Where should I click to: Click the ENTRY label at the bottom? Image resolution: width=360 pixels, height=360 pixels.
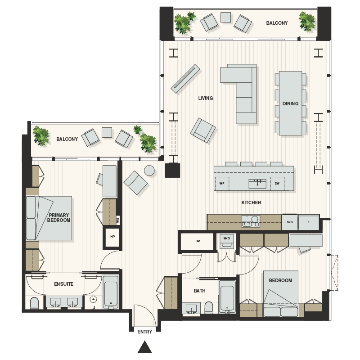(144, 332)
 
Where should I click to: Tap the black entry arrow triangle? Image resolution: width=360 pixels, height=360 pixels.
(144, 347)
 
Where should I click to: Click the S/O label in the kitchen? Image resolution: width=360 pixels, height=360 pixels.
(289, 222)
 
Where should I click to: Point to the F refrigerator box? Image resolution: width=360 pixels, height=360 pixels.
(309, 222)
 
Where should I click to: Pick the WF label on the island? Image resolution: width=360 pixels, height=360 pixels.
(222, 184)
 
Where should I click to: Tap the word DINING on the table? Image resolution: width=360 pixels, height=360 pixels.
(290, 103)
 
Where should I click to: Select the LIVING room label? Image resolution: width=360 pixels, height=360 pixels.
(206, 98)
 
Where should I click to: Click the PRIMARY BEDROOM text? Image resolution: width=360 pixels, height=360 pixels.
(59, 218)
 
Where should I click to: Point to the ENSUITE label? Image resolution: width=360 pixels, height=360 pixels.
(63, 284)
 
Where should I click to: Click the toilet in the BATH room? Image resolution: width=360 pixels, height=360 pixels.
(209, 307)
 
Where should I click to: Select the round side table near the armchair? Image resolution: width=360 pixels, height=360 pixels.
(149, 170)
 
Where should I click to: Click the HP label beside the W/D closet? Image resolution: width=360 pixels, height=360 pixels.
(198, 241)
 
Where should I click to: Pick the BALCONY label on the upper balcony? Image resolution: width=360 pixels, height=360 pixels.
(277, 23)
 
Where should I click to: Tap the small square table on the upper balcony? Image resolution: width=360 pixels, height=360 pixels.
(225, 17)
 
